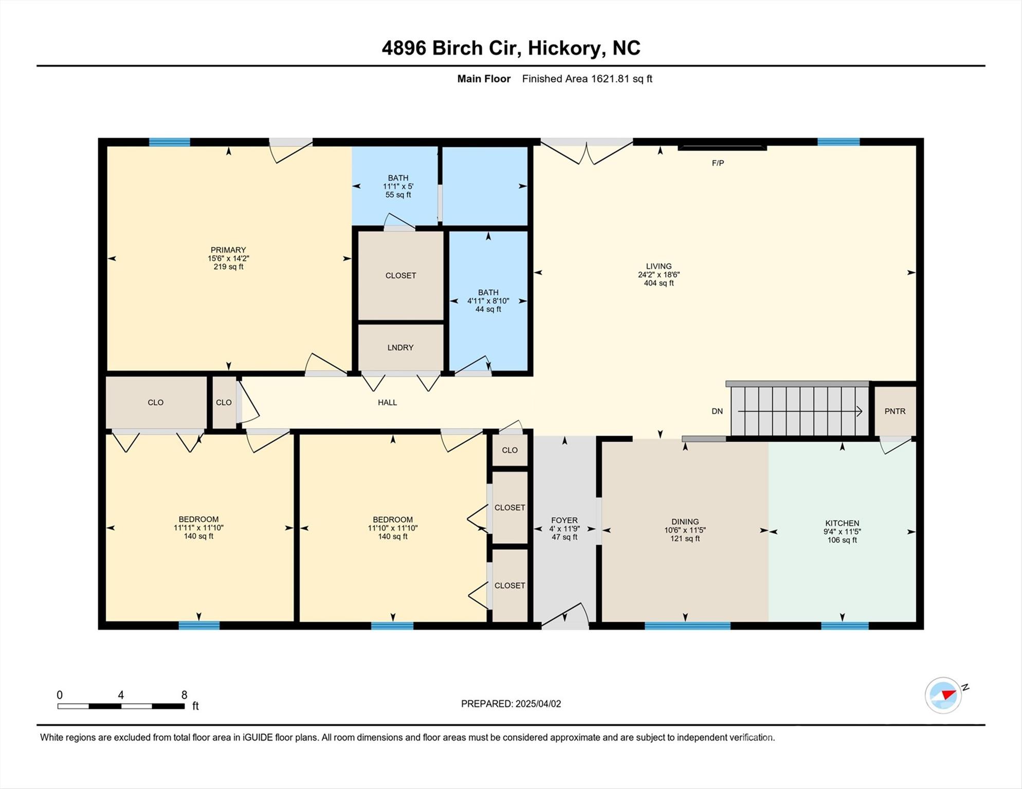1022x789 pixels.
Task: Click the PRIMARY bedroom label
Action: (x=228, y=250)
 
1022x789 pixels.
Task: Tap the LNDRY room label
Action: (x=400, y=348)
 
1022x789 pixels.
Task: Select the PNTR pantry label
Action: (x=895, y=411)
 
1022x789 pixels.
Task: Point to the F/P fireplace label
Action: (x=718, y=163)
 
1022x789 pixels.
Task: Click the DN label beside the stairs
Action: (x=717, y=411)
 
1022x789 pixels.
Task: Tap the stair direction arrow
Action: (x=800, y=411)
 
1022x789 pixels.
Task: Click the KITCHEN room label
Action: (x=842, y=523)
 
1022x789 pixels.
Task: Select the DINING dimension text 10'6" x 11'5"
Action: (x=685, y=530)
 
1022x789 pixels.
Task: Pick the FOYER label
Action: (x=564, y=520)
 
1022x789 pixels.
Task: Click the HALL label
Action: (x=387, y=403)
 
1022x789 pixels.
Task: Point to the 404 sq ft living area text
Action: (x=659, y=283)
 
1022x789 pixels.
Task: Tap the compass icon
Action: (x=943, y=696)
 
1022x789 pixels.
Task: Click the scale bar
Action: (x=121, y=706)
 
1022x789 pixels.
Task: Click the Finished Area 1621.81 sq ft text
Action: (x=587, y=79)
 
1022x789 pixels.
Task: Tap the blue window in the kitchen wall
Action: (x=845, y=626)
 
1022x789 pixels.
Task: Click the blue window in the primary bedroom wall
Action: (x=170, y=142)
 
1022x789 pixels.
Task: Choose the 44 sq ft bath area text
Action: (x=488, y=309)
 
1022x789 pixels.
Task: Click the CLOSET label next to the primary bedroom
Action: (x=400, y=276)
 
